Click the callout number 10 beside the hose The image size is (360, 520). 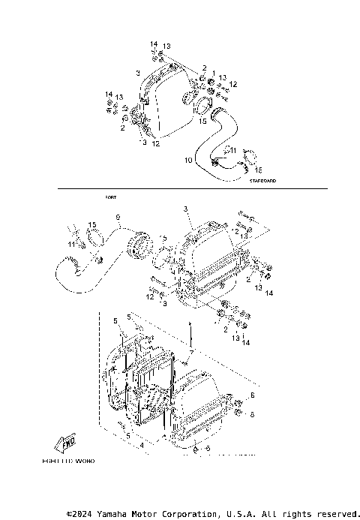188,160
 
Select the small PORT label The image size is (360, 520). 111,197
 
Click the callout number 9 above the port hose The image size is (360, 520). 118,217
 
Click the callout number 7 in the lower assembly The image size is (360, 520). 192,352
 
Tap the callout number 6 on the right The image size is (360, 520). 253,395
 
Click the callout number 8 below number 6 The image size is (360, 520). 253,413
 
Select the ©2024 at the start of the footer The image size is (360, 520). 82,513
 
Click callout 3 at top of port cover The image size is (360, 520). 184,209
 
